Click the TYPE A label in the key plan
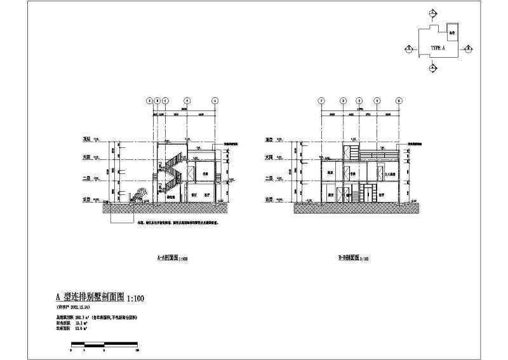pos(436,48)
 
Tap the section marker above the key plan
pos(432,13)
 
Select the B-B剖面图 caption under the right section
pos(347,258)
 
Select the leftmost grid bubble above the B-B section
pos(321,100)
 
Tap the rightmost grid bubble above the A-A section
pos(215,100)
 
